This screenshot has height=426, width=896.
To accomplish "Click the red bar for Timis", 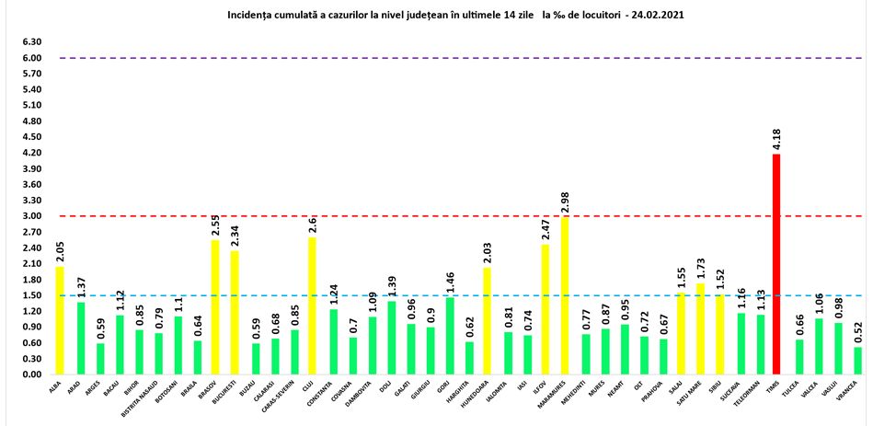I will coord(775,264).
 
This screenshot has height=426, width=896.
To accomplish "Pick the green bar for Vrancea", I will coord(857,361).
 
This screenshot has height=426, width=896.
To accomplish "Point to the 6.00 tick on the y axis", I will coord(31,58).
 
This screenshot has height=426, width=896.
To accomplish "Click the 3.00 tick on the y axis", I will coord(31,216).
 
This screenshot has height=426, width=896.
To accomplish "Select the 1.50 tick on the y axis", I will coord(31,295).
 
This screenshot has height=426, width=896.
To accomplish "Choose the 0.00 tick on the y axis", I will coord(31,374).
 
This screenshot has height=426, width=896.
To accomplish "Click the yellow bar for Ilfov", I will coord(544,309).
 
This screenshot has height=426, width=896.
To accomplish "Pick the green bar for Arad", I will coord(80,338).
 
